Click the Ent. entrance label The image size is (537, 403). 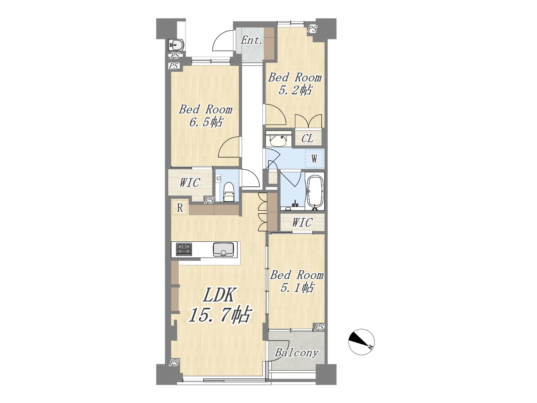pos(251,40)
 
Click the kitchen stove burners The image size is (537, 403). pos(184,249)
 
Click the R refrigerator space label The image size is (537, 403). pos(180,208)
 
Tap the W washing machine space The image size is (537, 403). pos(314,159)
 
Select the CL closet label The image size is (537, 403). pos(307,139)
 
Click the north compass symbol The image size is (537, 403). pos(361,342)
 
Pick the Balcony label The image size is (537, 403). pos(296,353)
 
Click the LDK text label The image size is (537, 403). pos(219,296)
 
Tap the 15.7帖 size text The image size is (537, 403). pos(219,316)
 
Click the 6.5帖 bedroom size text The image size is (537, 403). pos(206,122)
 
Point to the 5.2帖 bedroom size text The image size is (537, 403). pos(295,90)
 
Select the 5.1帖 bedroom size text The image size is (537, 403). pos(297,288)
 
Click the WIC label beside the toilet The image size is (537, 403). pos(190,183)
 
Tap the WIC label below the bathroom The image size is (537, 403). pos(302,222)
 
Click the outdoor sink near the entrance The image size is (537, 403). pos(176,45)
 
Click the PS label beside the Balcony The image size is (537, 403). pos(319,327)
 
